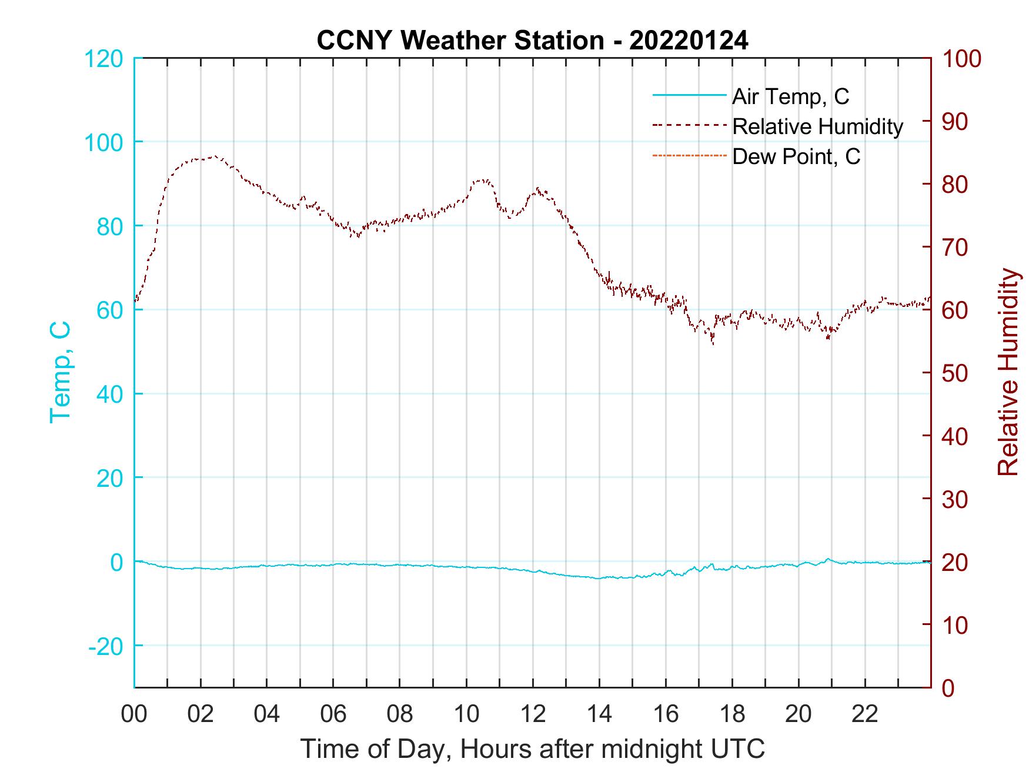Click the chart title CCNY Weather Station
pyautogui.click(x=532, y=41)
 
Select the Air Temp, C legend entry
pyautogui.click(x=790, y=96)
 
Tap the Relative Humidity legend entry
pyautogui.click(x=817, y=126)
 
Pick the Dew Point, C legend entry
pyautogui.click(x=796, y=156)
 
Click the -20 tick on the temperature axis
pyautogui.click(x=106, y=646)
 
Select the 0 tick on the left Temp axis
pyautogui.click(x=116, y=562)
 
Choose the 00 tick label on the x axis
pyautogui.click(x=134, y=714)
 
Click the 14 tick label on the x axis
pyautogui.click(x=599, y=714)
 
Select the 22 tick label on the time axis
pyautogui.click(x=865, y=714)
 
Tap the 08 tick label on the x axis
pyautogui.click(x=400, y=714)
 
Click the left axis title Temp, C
pyautogui.click(x=61, y=372)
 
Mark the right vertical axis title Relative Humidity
pyautogui.click(x=1008, y=372)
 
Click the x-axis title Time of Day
pyautogui.click(x=532, y=748)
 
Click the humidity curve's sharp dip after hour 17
pyautogui.click(x=713, y=343)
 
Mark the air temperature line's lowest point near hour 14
pyautogui.click(x=599, y=579)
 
